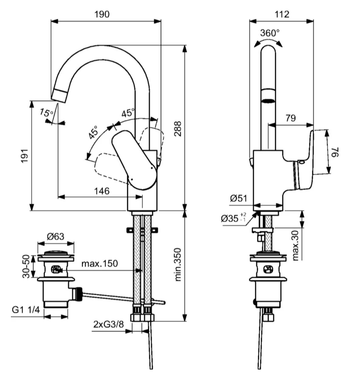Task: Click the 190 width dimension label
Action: pos(102,14)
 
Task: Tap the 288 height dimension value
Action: pos(178,129)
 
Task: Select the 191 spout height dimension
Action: pos(25,156)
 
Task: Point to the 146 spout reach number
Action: pos(102,191)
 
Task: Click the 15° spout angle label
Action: pos(46,113)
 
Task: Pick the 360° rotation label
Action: pos(270,33)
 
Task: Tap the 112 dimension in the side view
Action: pos(282,14)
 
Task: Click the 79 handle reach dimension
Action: pos(291,118)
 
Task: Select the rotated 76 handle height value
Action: pos(336,152)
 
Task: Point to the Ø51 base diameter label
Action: pos(239,198)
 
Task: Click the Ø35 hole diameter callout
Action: pos(233,218)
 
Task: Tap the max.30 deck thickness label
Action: pos(296,246)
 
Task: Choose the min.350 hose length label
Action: pos(178,264)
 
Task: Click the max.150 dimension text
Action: pos(100,263)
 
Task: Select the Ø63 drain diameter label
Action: pos(56,237)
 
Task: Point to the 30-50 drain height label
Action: pos(26,266)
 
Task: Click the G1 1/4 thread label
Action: pos(26,309)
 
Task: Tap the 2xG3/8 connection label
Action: pos(108,325)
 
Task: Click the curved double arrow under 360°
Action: pos(268,43)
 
